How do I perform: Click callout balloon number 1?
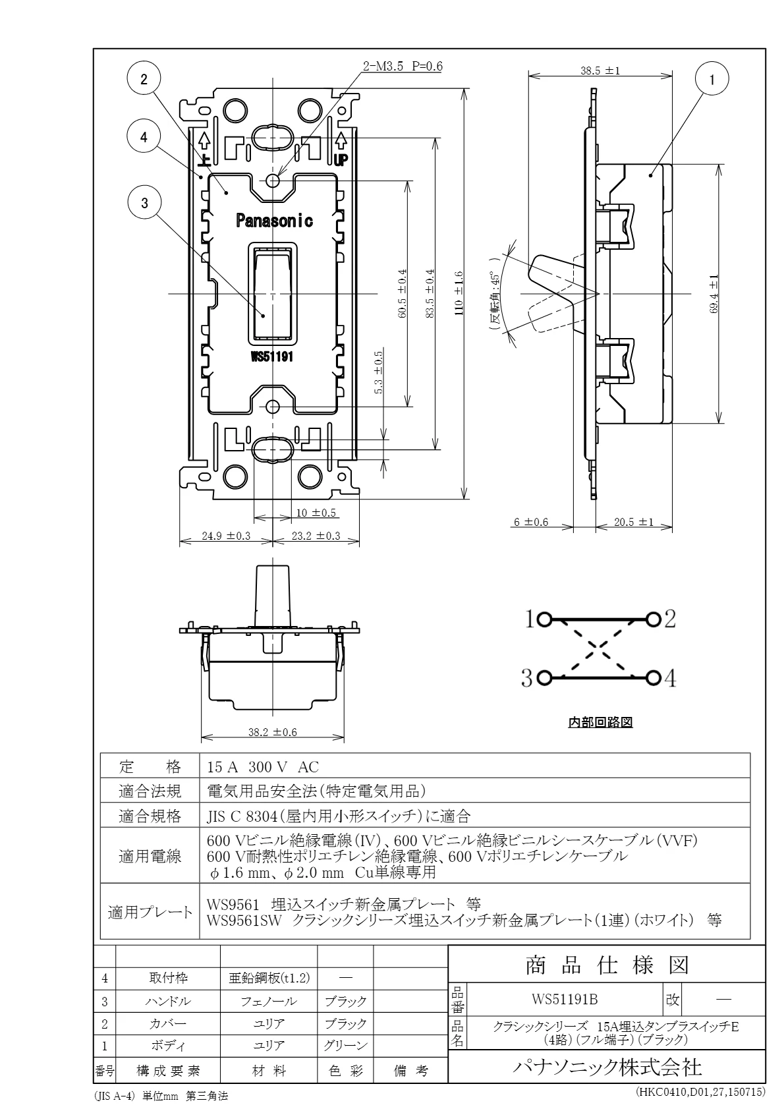click(x=712, y=80)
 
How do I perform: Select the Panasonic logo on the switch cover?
click(x=274, y=221)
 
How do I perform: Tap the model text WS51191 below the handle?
click(x=272, y=356)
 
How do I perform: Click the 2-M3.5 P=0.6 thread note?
click(x=403, y=67)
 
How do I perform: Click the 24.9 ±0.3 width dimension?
click(x=225, y=536)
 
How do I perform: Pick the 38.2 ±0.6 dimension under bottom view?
click(x=272, y=731)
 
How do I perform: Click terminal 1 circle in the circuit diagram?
click(x=544, y=619)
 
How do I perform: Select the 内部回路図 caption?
click(x=600, y=722)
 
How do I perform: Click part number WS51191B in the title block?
click(x=565, y=999)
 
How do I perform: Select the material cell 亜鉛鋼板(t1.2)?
click(x=269, y=977)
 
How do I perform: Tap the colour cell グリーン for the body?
click(x=345, y=1045)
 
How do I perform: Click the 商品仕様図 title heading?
click(x=607, y=965)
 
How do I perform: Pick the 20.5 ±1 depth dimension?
click(x=633, y=522)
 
